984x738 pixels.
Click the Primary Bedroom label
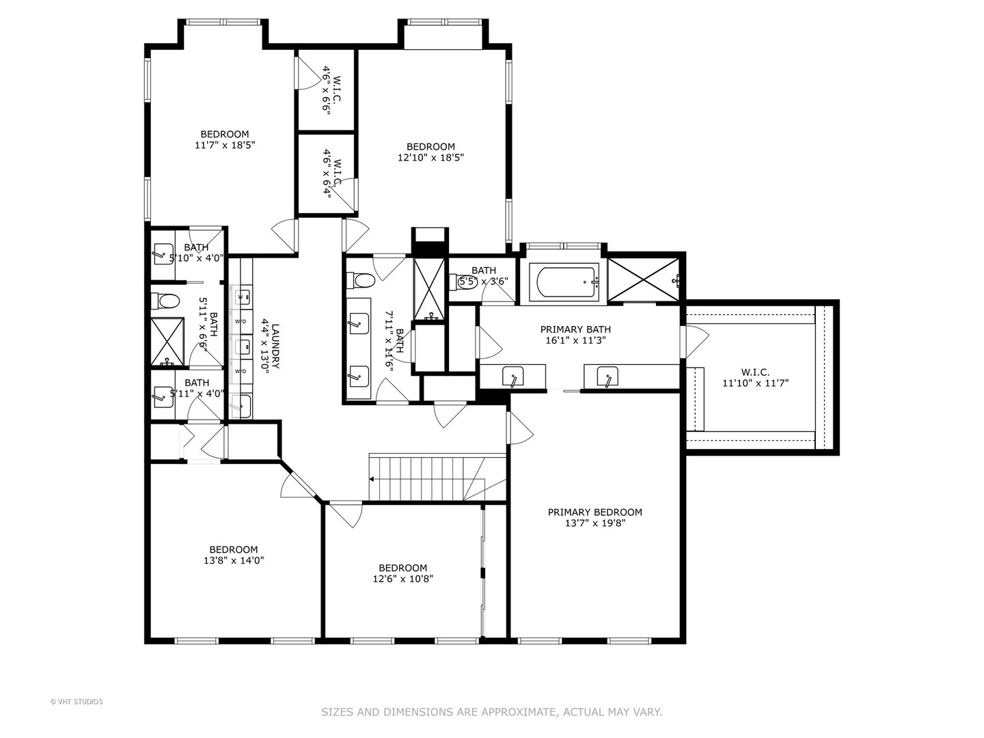tap(594, 512)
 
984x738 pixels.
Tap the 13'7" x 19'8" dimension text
tap(594, 524)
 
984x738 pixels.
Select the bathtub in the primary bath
tap(567, 282)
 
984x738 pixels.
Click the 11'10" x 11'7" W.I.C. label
tap(755, 378)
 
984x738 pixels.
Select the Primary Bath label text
tap(575, 329)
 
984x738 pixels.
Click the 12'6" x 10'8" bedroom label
tap(402, 573)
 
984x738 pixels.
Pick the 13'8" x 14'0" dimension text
tap(234, 560)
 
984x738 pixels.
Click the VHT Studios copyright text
tap(77, 702)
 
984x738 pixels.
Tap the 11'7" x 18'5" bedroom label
tap(224, 139)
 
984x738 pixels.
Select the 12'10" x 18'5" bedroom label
tap(430, 152)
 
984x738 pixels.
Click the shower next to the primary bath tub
tap(644, 279)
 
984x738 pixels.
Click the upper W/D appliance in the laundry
tap(241, 321)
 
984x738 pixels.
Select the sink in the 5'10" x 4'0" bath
tap(163, 254)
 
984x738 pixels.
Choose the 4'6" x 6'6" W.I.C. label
tap(327, 90)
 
